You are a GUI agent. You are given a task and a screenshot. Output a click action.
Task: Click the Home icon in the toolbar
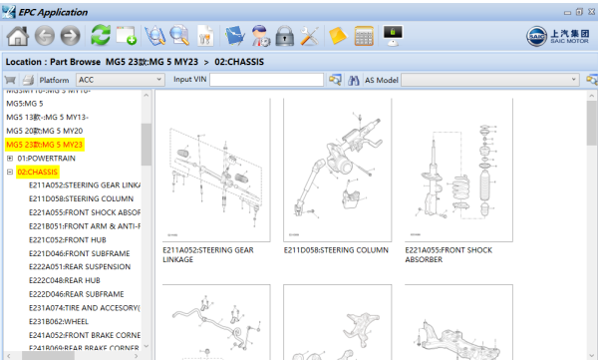17,37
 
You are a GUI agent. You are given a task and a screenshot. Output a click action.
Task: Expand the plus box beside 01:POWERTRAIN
10,158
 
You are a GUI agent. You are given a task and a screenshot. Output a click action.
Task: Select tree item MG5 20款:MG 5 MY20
45,131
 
